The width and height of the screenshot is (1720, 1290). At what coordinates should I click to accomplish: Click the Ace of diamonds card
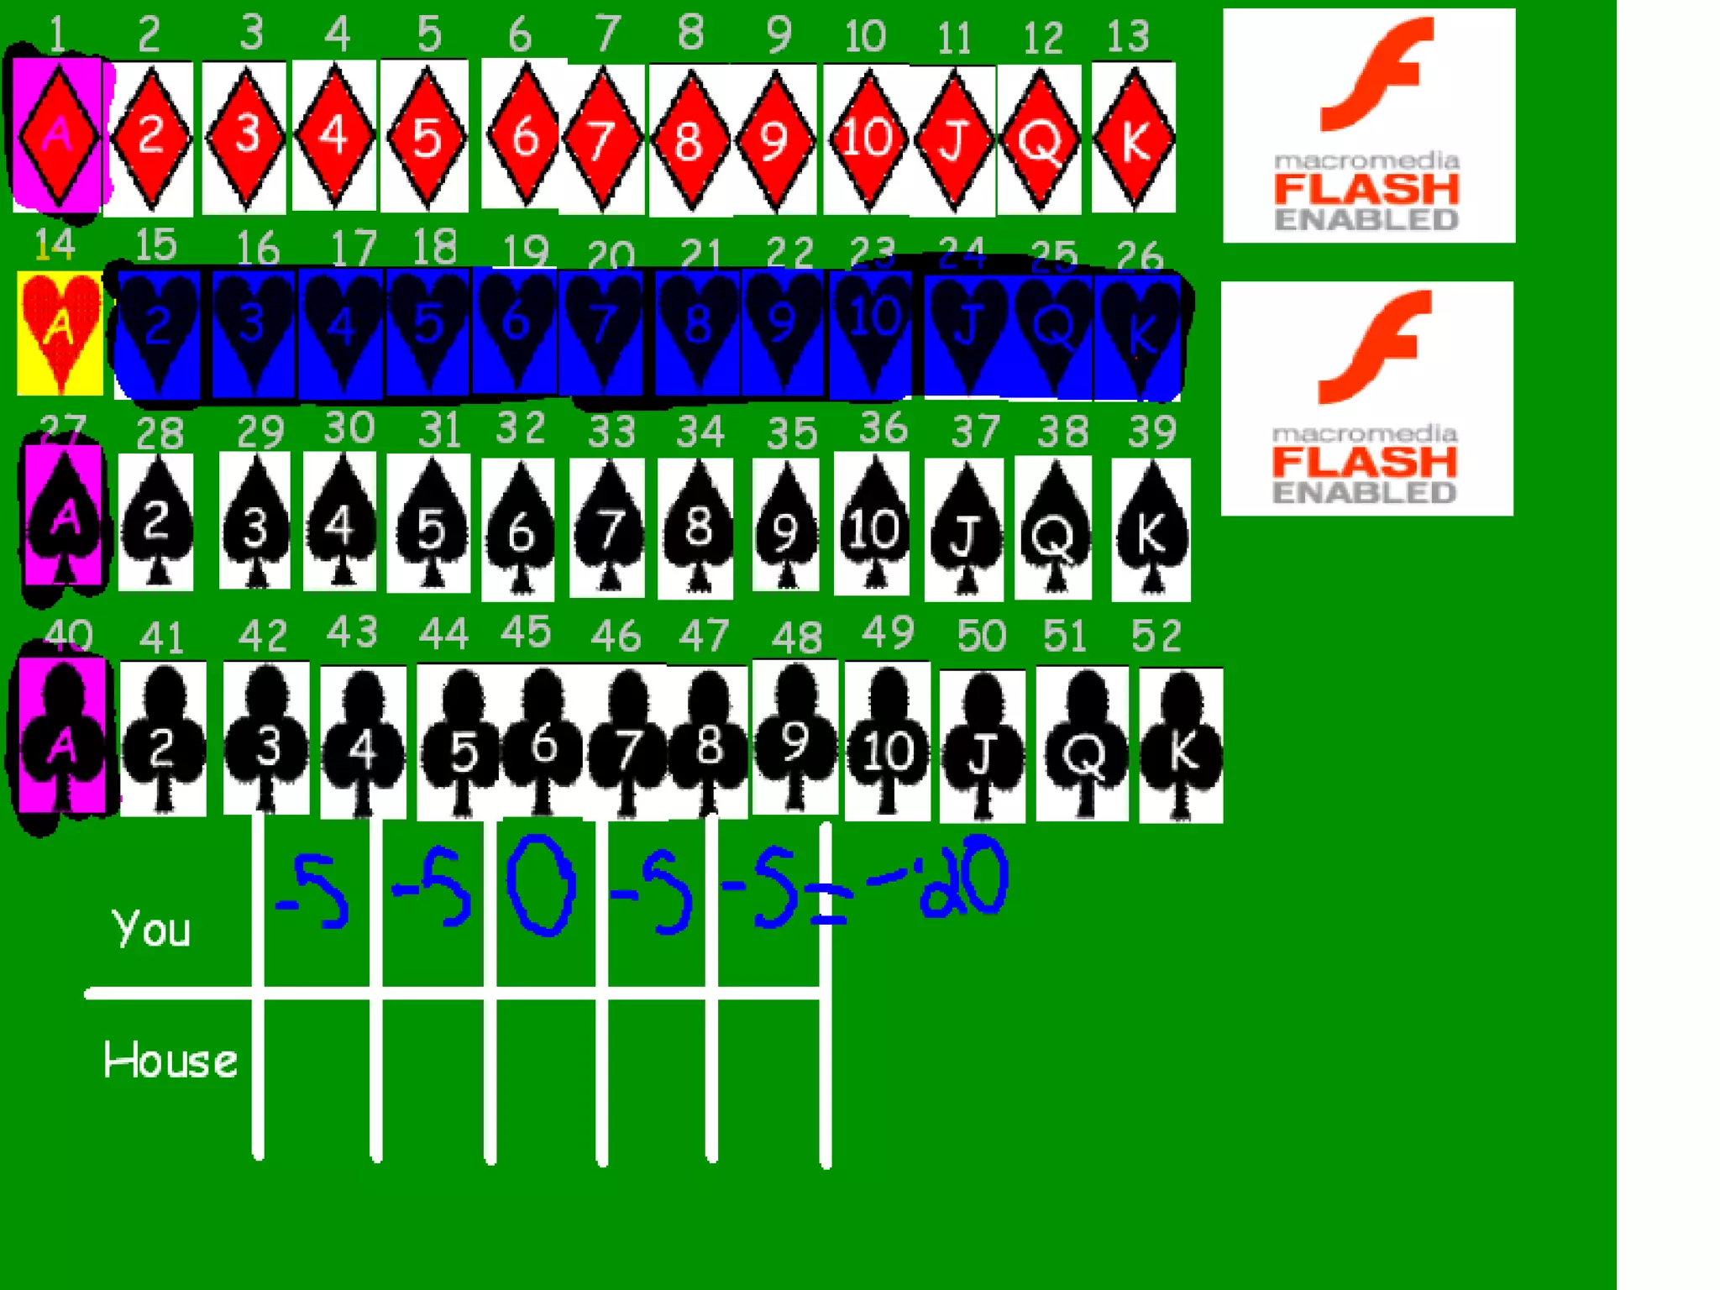click(57, 134)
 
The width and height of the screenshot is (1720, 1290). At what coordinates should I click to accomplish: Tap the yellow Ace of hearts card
click(60, 332)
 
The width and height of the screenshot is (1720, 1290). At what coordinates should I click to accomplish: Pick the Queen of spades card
click(1053, 527)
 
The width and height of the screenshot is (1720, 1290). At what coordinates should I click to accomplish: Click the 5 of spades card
click(429, 525)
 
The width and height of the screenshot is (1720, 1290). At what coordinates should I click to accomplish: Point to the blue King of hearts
click(1140, 333)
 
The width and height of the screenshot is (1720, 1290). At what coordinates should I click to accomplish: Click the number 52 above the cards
click(1156, 636)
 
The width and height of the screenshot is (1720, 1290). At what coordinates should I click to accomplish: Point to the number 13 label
click(1127, 36)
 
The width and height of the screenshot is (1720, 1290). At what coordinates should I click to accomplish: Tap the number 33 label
click(611, 432)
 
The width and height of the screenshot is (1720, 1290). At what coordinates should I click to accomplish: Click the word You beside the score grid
click(151, 929)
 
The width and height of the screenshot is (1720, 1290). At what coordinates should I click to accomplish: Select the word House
click(170, 1060)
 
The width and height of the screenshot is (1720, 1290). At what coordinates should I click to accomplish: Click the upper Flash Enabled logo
click(1368, 126)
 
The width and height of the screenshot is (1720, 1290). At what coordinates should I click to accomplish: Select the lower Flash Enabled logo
click(1366, 399)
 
